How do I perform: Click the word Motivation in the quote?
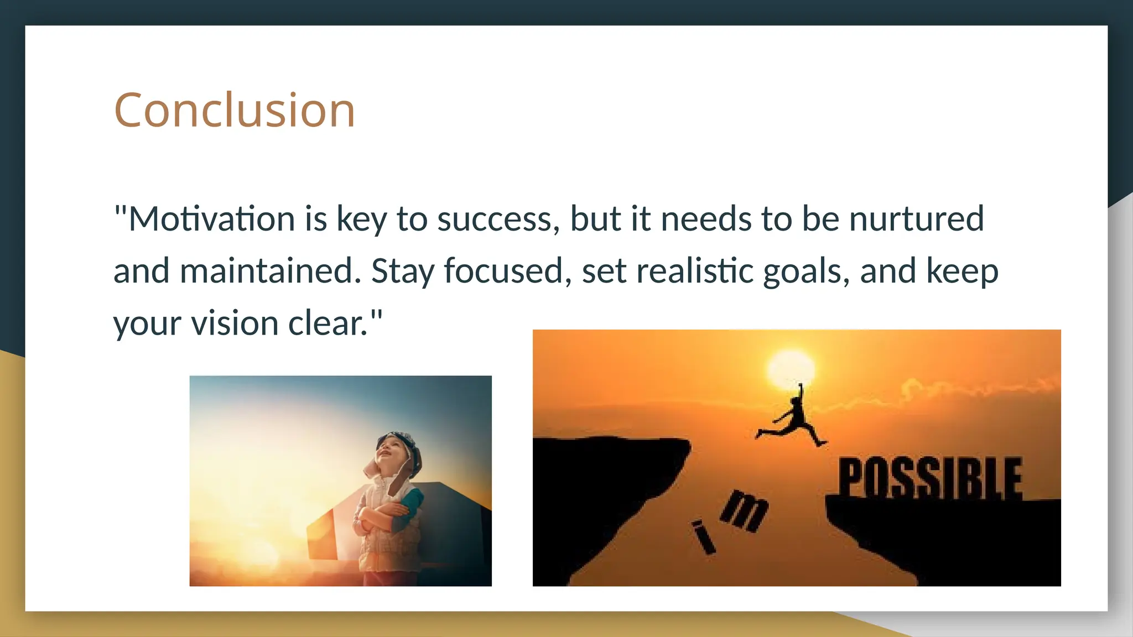click(212, 218)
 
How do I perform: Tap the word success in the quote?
click(495, 218)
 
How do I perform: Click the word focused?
click(503, 271)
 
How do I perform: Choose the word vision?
click(235, 323)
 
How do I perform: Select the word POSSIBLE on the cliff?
click(929, 478)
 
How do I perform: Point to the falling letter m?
click(745, 511)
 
